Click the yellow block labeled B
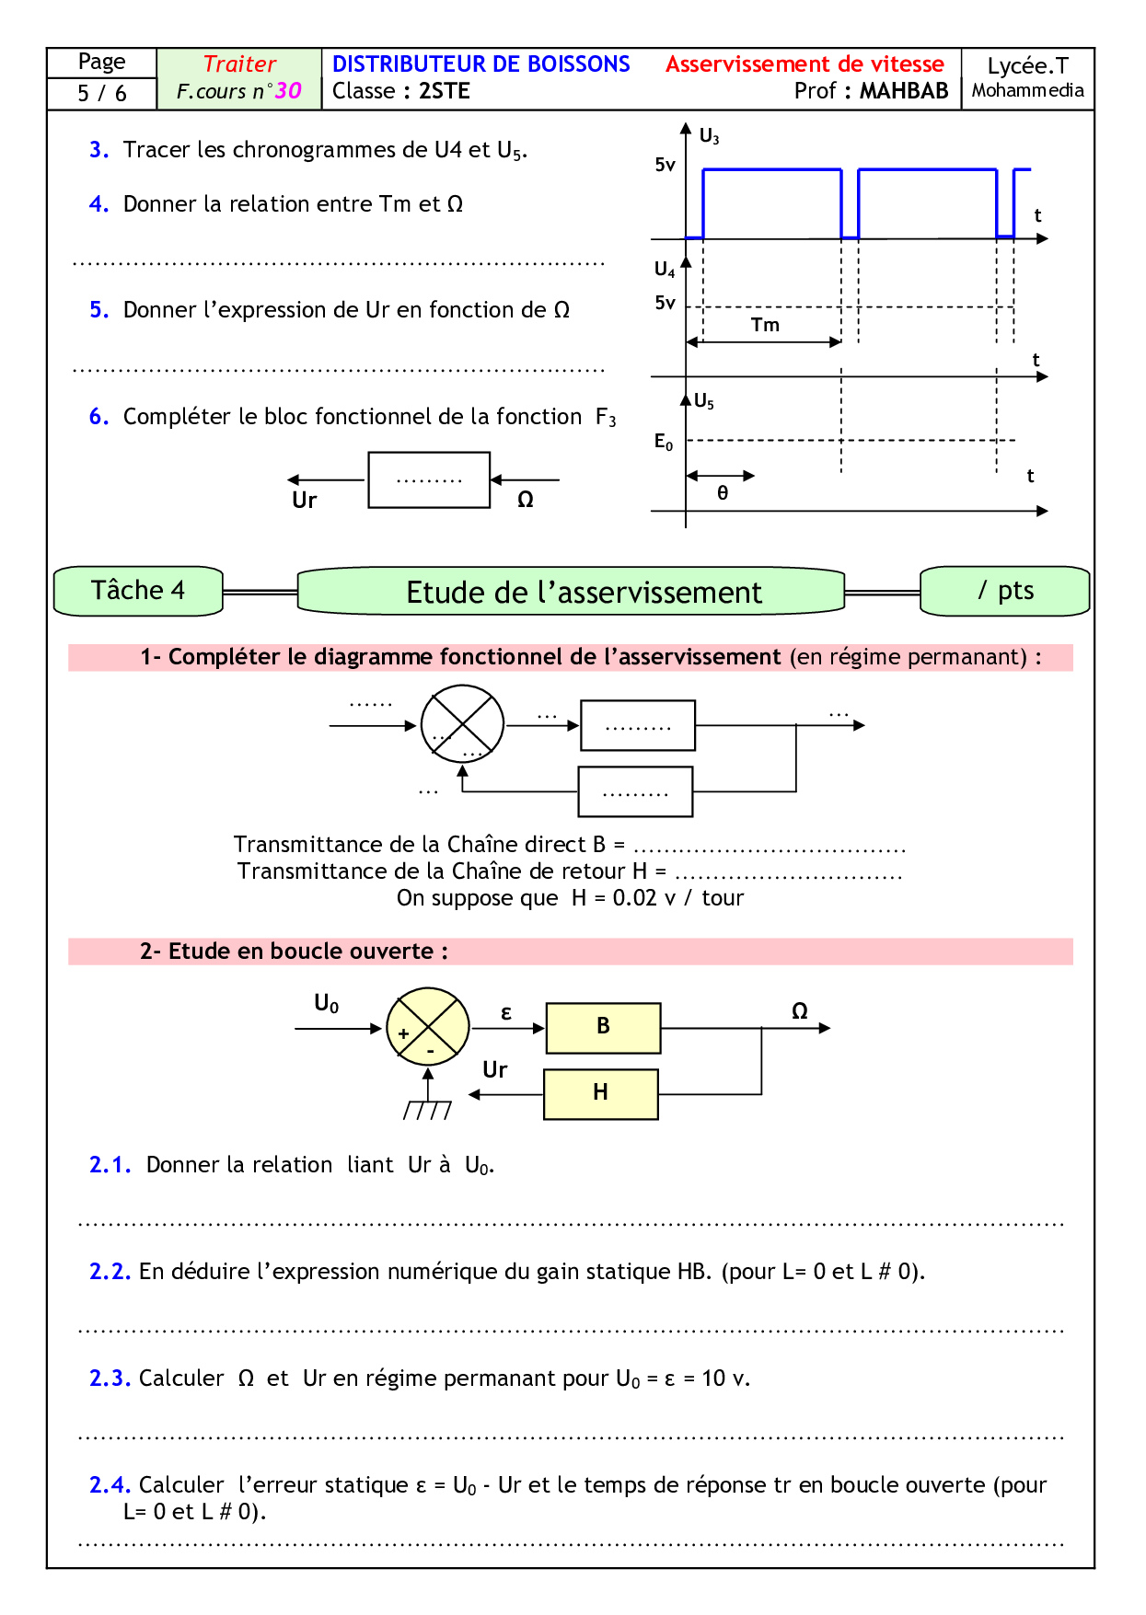point(603,1027)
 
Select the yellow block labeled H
point(600,1093)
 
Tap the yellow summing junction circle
point(427,1027)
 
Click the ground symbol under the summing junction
point(428,1110)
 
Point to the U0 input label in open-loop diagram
point(327,1003)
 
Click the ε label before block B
point(506,1013)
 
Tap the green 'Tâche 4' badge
point(138,591)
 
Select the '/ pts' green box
point(1005,591)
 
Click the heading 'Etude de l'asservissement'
point(584,593)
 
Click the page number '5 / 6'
point(102,93)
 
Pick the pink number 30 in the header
point(288,91)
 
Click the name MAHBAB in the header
point(904,91)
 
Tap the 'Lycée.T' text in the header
point(1027,66)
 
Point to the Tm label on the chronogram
point(765,325)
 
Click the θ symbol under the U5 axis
point(723,493)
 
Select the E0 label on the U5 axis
point(664,442)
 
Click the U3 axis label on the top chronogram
point(709,136)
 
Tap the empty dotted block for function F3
point(429,479)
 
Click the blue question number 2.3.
point(110,1379)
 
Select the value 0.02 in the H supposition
point(634,898)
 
